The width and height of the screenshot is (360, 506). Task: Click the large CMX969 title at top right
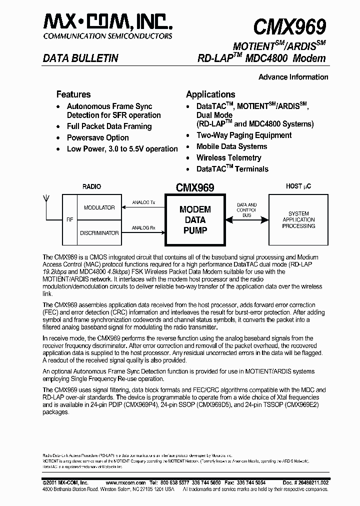point(289,25)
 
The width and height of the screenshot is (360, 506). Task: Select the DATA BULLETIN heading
point(80,58)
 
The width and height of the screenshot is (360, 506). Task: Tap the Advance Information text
point(293,77)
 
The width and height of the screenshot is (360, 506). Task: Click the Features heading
point(73,94)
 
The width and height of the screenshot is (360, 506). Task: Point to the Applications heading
point(210,94)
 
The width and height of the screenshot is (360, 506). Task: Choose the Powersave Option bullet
point(97,137)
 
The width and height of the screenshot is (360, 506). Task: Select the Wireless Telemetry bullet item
point(228,157)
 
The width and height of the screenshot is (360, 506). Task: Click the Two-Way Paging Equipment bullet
point(244,135)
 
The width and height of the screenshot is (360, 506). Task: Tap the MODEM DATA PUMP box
point(195,220)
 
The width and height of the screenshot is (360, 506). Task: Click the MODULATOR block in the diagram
point(99,207)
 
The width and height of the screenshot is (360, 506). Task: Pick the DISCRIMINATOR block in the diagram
point(99,232)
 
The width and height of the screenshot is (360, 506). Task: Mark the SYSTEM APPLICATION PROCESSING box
point(298,219)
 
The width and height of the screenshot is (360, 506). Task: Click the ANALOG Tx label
point(143,203)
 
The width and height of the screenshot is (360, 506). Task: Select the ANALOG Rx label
point(143,228)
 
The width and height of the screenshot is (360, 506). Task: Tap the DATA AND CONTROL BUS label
point(246,210)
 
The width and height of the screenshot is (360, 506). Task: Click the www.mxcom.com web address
point(126,482)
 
